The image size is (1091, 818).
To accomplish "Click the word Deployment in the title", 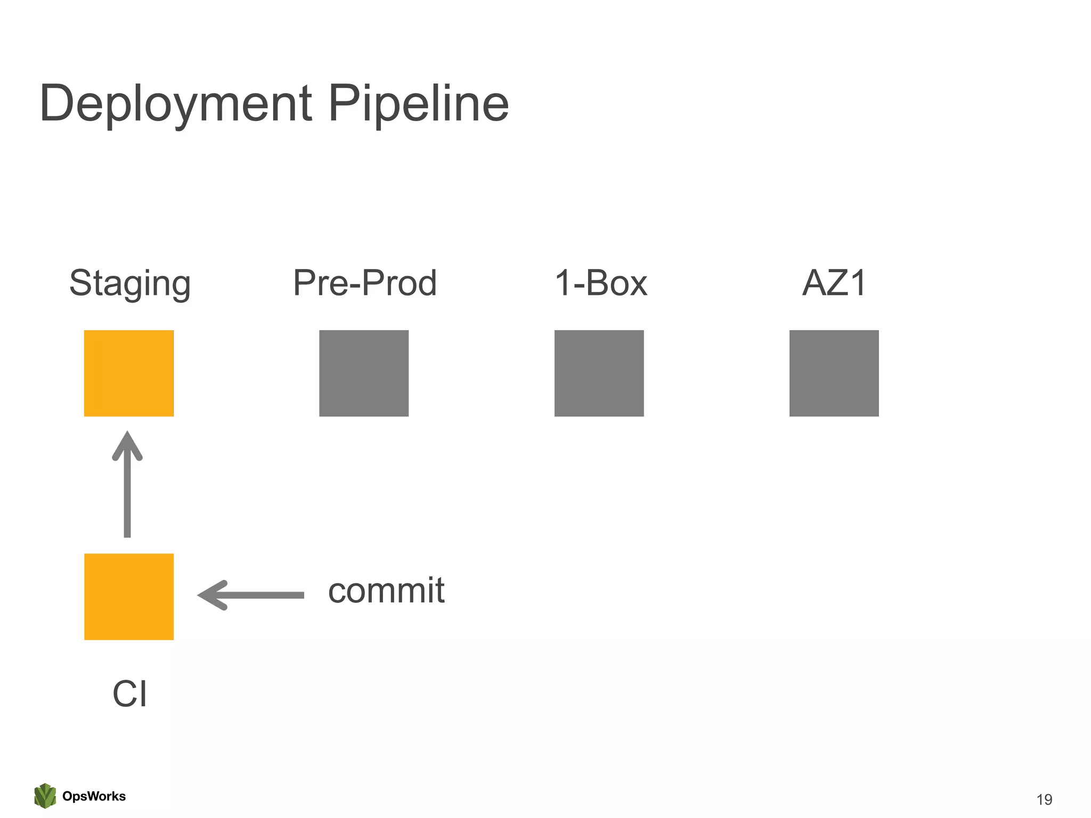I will (x=176, y=104).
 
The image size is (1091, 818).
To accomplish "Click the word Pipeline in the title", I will (x=418, y=104).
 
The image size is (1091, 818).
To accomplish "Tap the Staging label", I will (x=130, y=283).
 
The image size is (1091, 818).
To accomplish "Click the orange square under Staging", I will (x=129, y=373).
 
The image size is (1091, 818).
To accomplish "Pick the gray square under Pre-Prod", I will (x=364, y=373).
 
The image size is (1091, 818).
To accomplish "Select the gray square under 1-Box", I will (x=599, y=373).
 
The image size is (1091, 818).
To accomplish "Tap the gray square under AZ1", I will (x=834, y=373).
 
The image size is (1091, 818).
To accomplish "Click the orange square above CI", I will (x=129, y=596).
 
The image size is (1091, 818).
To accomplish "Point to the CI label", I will (x=129, y=694).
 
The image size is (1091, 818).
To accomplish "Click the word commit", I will (x=386, y=591).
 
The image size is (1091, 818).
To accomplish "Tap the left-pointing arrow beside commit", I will (x=256, y=595).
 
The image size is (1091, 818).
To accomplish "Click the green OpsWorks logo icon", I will (x=45, y=796).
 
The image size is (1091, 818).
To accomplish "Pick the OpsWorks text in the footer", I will (x=94, y=796).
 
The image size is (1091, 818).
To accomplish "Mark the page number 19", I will (x=1044, y=799).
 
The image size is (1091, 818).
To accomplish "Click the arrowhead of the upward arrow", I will (x=127, y=445).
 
